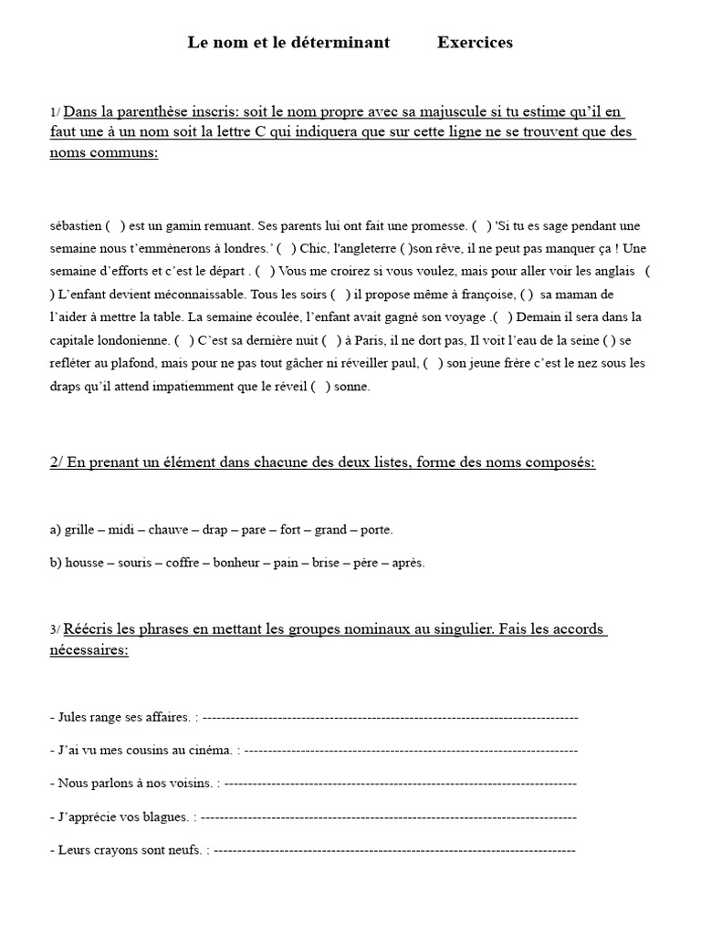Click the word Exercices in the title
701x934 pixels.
(475, 42)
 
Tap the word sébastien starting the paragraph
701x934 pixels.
(76, 225)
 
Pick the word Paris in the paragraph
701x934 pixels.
(371, 340)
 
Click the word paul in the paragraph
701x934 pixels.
(405, 363)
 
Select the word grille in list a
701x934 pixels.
(80, 529)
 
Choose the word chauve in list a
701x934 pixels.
(168, 529)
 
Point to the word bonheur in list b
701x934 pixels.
(236, 563)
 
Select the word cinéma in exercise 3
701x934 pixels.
(209, 750)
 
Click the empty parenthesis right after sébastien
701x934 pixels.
(115, 225)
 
